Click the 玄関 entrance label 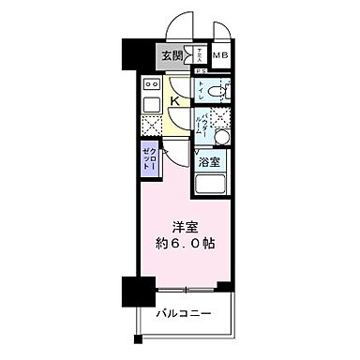pos(171,55)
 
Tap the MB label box pos(220,55)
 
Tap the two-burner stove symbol pos(151,84)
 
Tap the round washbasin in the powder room pos(221,137)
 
